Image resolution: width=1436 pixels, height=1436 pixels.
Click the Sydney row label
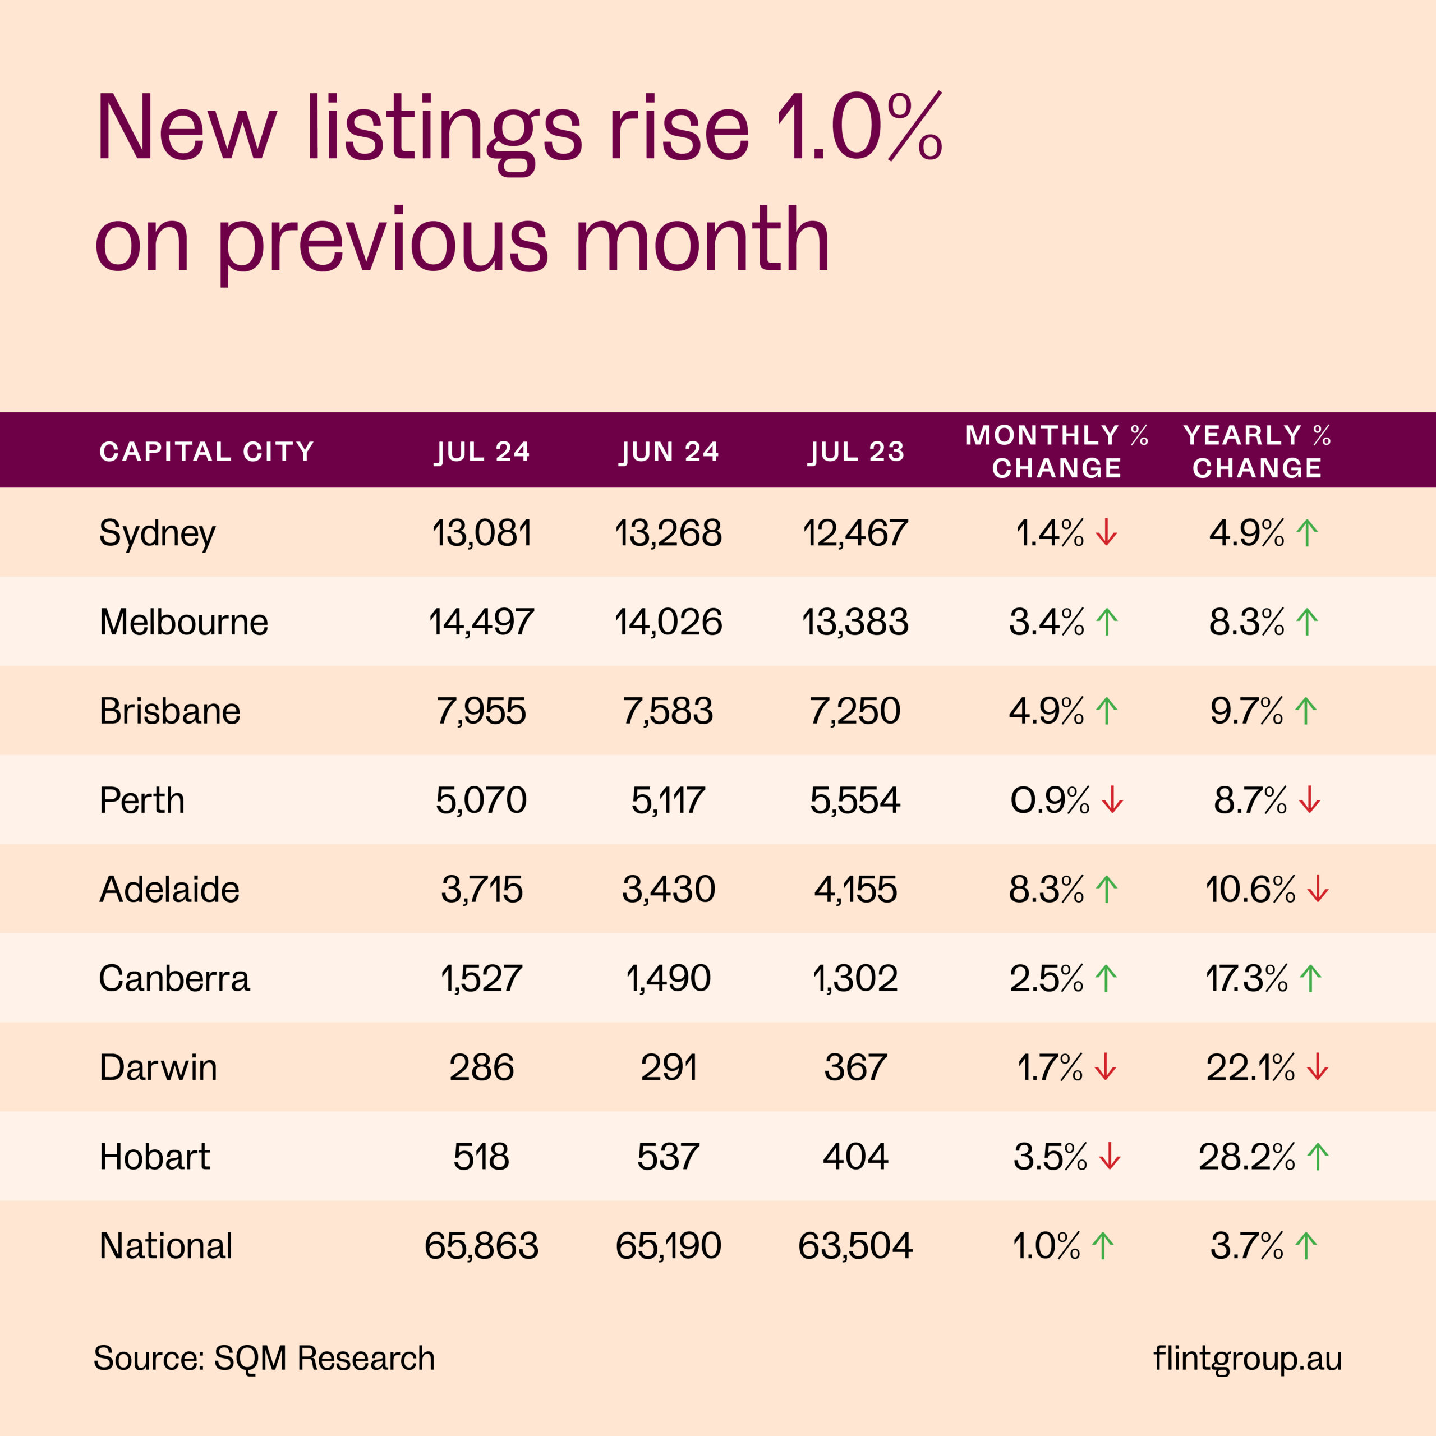coord(157,533)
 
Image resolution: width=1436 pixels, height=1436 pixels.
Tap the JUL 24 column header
coord(482,451)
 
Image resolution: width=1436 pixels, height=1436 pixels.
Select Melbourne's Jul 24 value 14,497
coord(482,622)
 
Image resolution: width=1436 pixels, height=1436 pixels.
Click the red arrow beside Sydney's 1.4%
coord(1107,533)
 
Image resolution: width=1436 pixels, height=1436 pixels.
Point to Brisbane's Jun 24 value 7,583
coord(668,711)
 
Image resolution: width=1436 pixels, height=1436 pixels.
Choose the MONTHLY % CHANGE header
coord(1056,451)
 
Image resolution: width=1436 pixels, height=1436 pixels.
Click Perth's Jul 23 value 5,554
coord(855,800)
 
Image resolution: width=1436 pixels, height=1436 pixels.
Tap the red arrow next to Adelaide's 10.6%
coord(1318,889)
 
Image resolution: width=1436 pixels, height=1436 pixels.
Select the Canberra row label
coord(174,978)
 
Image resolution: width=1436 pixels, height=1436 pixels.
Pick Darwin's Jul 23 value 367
coord(855,1067)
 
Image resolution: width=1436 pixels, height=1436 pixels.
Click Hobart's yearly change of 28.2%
coord(1246,1157)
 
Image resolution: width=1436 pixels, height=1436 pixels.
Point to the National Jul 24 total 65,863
coord(482,1246)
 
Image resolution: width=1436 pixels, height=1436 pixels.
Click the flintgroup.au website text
coord(1247,1358)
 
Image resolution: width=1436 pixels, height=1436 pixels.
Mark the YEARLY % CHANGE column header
coord(1257,451)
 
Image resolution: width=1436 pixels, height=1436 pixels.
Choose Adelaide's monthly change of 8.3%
coord(1046,889)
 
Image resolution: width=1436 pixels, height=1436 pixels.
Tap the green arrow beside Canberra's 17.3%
coord(1311,978)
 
